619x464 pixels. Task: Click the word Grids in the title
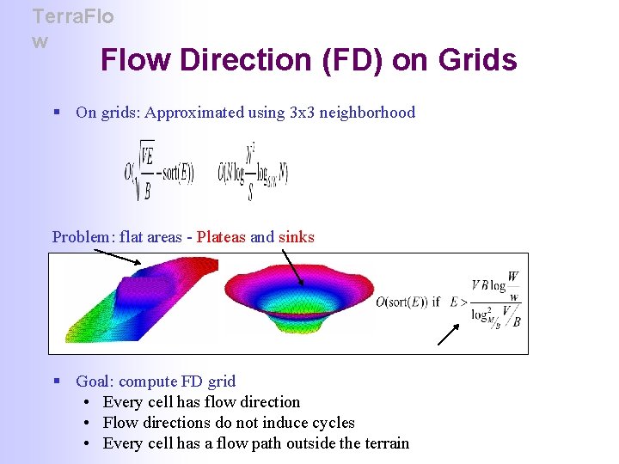click(477, 60)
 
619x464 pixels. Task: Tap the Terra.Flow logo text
click(72, 27)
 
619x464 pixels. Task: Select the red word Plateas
click(221, 237)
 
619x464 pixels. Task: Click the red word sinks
click(297, 237)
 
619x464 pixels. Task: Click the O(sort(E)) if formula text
click(408, 302)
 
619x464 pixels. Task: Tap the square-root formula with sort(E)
click(160, 172)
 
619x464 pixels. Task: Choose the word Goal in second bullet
click(94, 382)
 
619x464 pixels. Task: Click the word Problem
click(82, 237)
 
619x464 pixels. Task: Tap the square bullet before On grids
click(57, 113)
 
